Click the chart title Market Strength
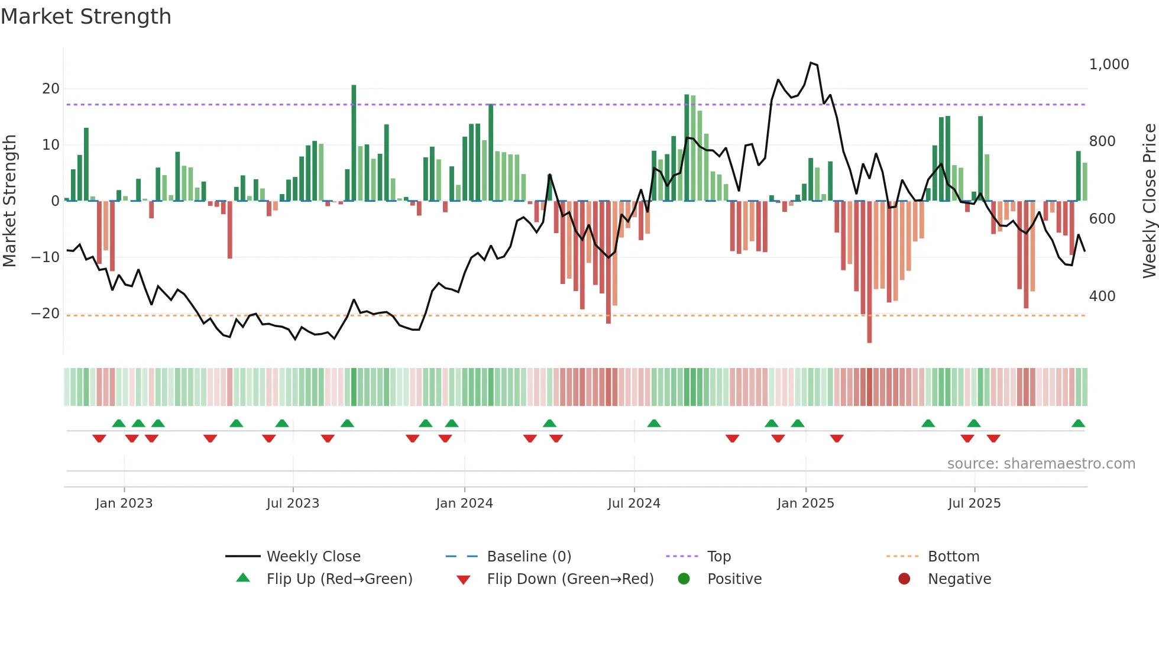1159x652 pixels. click(86, 17)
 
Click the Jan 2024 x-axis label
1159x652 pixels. click(464, 503)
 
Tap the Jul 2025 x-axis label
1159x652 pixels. click(974, 503)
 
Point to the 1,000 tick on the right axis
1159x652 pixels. click(1109, 64)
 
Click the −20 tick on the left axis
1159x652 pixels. click(46, 313)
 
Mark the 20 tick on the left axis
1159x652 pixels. click(51, 89)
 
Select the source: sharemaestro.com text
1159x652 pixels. click(1041, 463)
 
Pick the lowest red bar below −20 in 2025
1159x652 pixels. click(869, 272)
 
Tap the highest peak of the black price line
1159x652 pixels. click(811, 63)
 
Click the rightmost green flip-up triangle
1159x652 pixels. click(1078, 423)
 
